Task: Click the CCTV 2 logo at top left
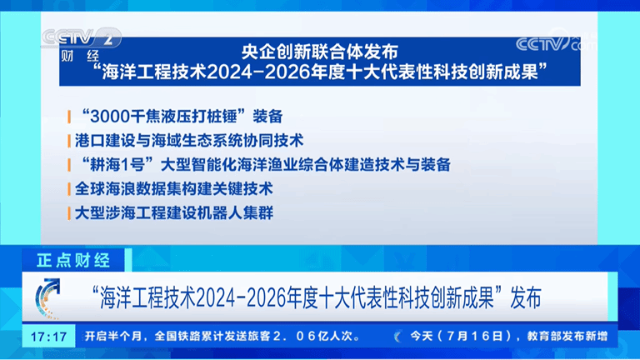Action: (x=81, y=38)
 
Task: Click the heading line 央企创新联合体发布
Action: (x=320, y=52)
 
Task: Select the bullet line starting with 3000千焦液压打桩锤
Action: (x=182, y=117)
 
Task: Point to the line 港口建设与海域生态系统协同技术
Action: (x=189, y=140)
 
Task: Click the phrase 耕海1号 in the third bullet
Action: (x=117, y=164)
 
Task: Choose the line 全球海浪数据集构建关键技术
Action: (x=174, y=188)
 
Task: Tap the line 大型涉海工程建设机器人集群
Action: (x=174, y=212)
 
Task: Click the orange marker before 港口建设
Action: (x=69, y=141)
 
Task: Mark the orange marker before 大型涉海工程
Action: (x=69, y=213)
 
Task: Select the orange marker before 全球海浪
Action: (x=69, y=189)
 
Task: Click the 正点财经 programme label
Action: (x=73, y=260)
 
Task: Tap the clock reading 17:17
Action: (x=49, y=337)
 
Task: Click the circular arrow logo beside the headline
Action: (x=47, y=297)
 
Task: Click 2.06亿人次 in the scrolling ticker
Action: (x=317, y=336)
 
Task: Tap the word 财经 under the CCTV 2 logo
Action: (x=80, y=56)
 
